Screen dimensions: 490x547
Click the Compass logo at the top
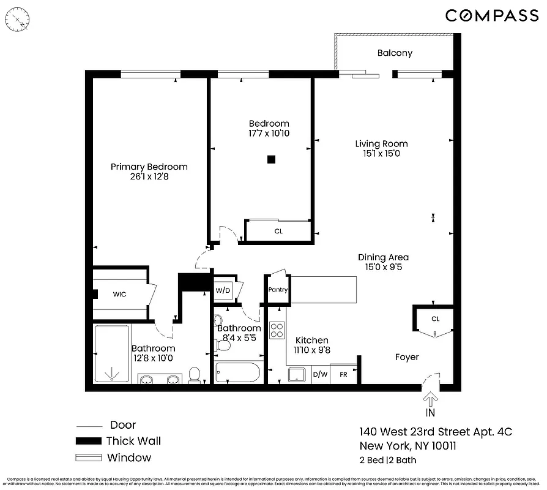coord(491,16)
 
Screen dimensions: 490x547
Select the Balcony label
coord(394,53)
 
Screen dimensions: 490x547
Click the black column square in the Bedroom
coord(272,160)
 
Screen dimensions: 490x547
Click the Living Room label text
coord(381,144)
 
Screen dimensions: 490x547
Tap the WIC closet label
coord(119,294)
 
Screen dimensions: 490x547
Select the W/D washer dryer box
coord(221,290)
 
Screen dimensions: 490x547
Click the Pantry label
coord(278,290)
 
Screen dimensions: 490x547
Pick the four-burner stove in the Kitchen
coord(277,331)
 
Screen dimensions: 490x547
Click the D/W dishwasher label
coord(320,374)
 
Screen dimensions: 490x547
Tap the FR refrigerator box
coord(343,374)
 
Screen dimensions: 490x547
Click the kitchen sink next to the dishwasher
coord(298,374)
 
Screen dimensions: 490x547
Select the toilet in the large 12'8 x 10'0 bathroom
coord(195,374)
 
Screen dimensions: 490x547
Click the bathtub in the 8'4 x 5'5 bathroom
coord(238,372)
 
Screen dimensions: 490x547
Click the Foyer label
coord(407,357)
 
